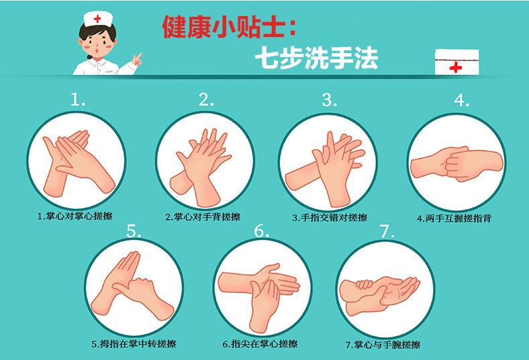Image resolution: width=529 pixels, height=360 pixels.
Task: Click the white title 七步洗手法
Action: tap(316, 58)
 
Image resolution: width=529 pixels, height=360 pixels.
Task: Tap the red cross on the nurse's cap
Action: tap(97, 19)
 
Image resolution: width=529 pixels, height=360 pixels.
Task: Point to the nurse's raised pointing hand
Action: tap(138, 60)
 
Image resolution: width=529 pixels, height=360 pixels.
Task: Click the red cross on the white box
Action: tap(455, 67)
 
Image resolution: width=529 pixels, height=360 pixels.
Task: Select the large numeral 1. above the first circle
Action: tap(78, 99)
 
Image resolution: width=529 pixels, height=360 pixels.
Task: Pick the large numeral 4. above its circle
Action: tap(461, 100)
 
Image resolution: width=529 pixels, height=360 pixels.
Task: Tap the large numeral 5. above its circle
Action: tap(134, 231)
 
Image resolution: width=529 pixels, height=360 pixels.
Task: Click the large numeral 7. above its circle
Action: tap(387, 232)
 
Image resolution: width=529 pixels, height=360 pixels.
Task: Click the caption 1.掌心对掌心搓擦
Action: tap(75, 216)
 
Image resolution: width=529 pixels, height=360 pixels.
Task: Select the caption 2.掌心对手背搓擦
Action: tap(203, 217)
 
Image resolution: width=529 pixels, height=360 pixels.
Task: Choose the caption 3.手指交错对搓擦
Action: tap(330, 218)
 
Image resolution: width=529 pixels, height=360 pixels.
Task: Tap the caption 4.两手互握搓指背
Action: tap(454, 218)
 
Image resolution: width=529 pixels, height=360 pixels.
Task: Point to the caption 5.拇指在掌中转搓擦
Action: tap(134, 344)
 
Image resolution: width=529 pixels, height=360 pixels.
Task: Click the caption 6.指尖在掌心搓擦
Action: tap(260, 344)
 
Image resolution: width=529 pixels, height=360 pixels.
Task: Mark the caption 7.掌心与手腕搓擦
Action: tap(383, 345)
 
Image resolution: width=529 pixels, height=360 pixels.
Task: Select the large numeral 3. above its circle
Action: tap(329, 100)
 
